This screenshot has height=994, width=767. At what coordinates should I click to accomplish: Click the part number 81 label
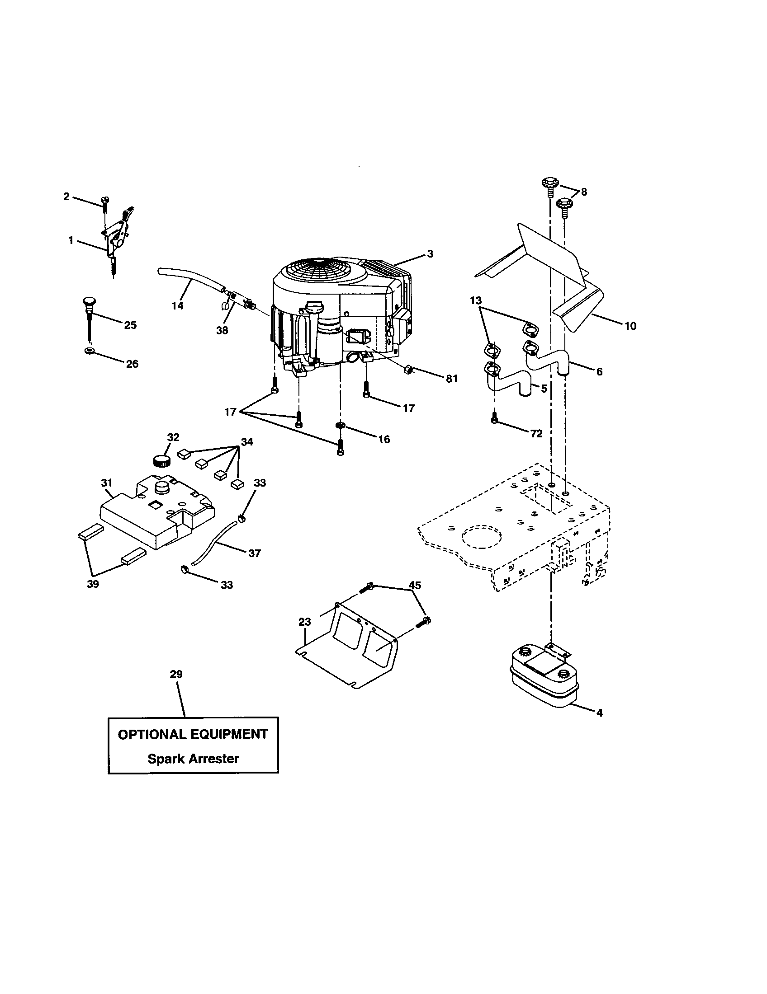coord(451,379)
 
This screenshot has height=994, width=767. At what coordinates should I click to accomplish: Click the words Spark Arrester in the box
coord(193,759)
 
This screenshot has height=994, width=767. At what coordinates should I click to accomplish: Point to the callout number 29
coord(176,674)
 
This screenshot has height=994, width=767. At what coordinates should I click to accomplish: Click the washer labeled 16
coord(340,425)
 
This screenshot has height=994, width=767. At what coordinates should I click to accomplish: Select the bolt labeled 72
coord(495,420)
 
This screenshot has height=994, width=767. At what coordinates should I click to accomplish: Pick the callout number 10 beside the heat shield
coord(630,326)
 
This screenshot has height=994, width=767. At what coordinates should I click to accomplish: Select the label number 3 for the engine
coord(430,254)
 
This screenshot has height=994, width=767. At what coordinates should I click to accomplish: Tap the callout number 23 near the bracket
coord(305,622)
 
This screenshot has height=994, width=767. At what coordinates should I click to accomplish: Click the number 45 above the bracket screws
coord(414,585)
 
